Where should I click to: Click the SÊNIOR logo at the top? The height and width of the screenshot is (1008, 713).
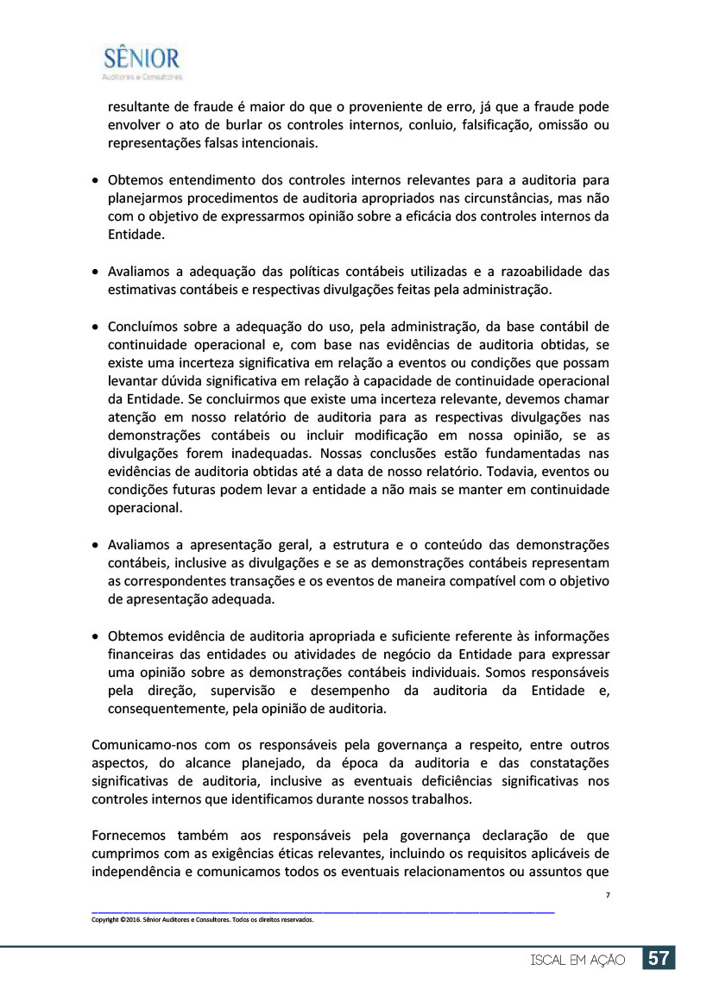(142, 61)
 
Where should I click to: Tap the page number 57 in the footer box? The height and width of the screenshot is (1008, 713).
(659, 959)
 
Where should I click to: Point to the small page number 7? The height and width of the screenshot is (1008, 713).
(608, 896)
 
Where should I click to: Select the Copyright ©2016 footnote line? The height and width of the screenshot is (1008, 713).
(202, 919)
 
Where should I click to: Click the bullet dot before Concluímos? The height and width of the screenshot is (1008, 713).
(95, 327)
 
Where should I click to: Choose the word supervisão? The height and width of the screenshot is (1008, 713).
(238, 691)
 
